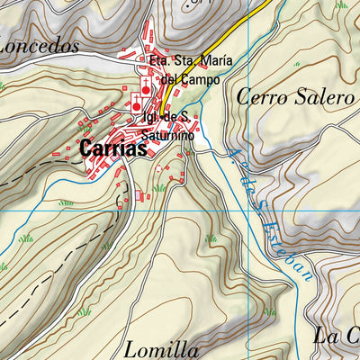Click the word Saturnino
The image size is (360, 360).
(168, 134)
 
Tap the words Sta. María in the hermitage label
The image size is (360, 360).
(203, 61)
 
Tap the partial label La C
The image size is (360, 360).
(337, 337)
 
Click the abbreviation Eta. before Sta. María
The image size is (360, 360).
(159, 61)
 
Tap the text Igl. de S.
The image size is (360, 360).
(165, 118)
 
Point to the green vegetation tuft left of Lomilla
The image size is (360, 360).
(85, 311)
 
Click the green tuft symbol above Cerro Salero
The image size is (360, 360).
(341, 5)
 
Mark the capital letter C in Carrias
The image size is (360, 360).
(86, 148)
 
